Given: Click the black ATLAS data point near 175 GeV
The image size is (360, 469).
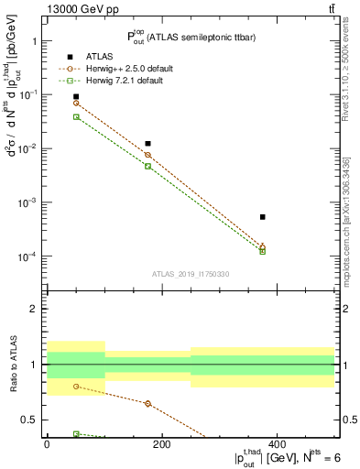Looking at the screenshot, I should tap(147, 144).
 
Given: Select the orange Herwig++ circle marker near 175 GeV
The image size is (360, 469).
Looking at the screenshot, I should tap(147, 155).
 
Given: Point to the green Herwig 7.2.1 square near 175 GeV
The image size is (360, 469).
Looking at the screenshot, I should tap(147, 166).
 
